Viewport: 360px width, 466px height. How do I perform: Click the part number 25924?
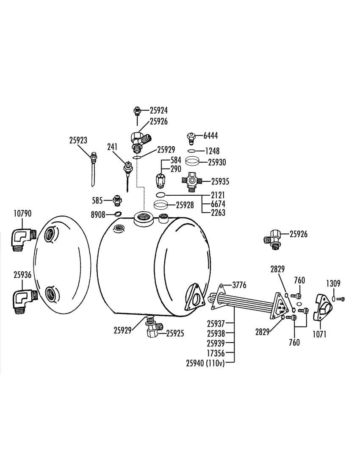[159, 111]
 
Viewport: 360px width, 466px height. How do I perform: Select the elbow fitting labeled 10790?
[23, 239]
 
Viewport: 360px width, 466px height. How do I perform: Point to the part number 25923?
[78, 140]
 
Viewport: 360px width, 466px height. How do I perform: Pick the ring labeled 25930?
[192, 162]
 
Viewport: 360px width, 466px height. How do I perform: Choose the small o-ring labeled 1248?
[192, 151]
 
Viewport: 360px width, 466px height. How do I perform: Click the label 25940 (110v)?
[205, 363]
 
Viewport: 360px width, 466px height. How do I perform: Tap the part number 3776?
[239, 285]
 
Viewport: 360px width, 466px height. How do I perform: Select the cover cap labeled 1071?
[322, 308]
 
